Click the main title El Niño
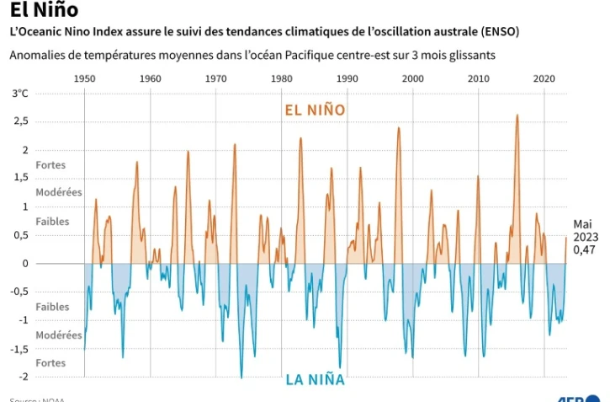click(x=44, y=10)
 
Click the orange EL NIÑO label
click(x=315, y=110)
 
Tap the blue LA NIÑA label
click(x=315, y=379)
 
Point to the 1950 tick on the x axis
click(x=84, y=78)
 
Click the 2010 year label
click(x=478, y=78)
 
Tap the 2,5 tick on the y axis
click(x=20, y=121)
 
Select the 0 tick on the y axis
click(x=25, y=264)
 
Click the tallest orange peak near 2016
click(x=517, y=115)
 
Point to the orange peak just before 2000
click(x=399, y=128)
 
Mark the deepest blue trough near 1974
click(x=241, y=377)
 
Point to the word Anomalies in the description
click(x=37, y=55)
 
